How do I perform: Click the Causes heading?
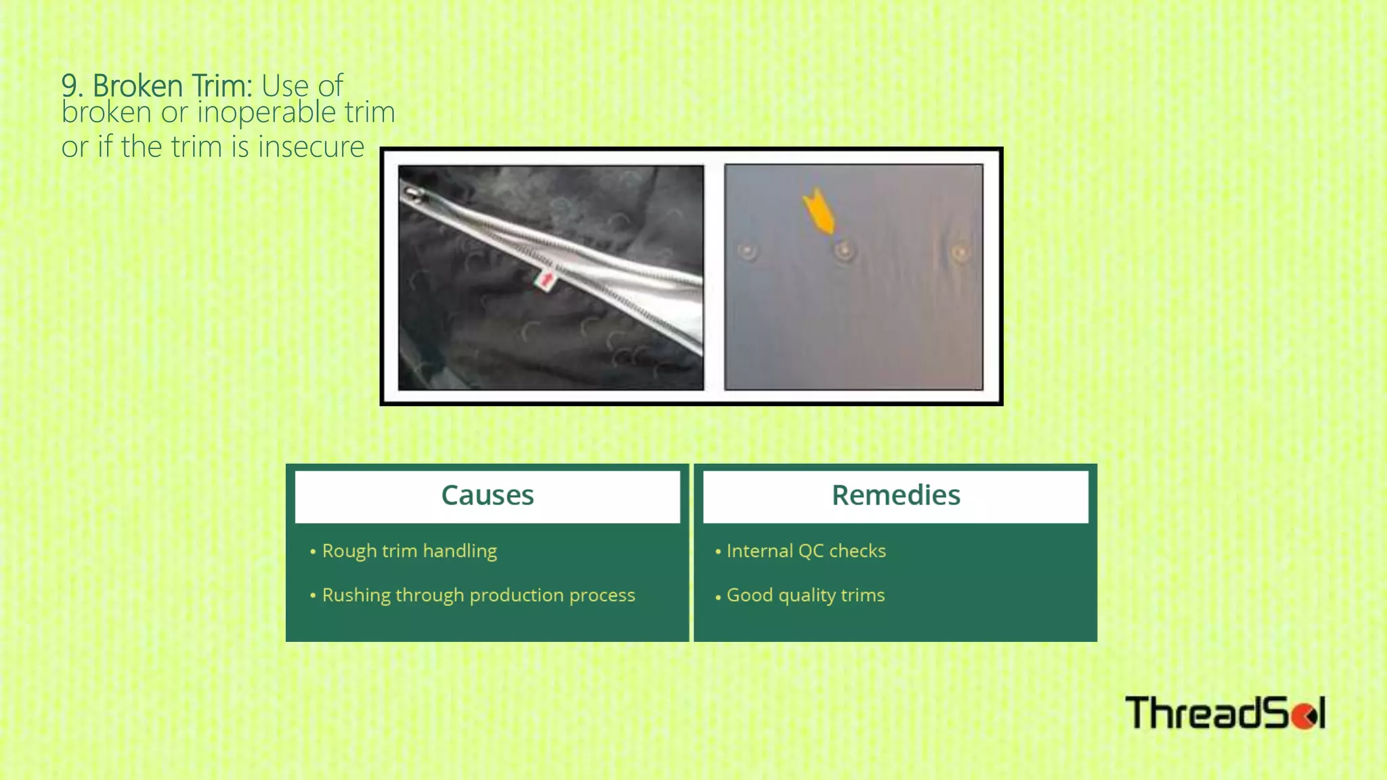pyautogui.click(x=487, y=496)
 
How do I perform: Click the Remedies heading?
pyautogui.click(x=895, y=496)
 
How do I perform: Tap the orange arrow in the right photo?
pyautogui.click(x=819, y=211)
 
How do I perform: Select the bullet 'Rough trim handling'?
pyautogui.click(x=409, y=551)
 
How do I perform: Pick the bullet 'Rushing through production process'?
pyautogui.click(x=478, y=595)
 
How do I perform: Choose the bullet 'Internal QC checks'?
pyautogui.click(x=806, y=551)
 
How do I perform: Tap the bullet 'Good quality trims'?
pyautogui.click(x=805, y=595)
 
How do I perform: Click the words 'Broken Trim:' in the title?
pyautogui.click(x=172, y=86)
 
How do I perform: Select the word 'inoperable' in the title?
pyautogui.click(x=266, y=112)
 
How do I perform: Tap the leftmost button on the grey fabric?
pyautogui.click(x=748, y=252)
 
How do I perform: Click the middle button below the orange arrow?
pyautogui.click(x=844, y=251)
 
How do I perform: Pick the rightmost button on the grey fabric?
pyautogui.click(x=960, y=253)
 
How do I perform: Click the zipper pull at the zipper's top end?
pyautogui.click(x=413, y=196)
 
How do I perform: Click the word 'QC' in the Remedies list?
pyautogui.click(x=810, y=551)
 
